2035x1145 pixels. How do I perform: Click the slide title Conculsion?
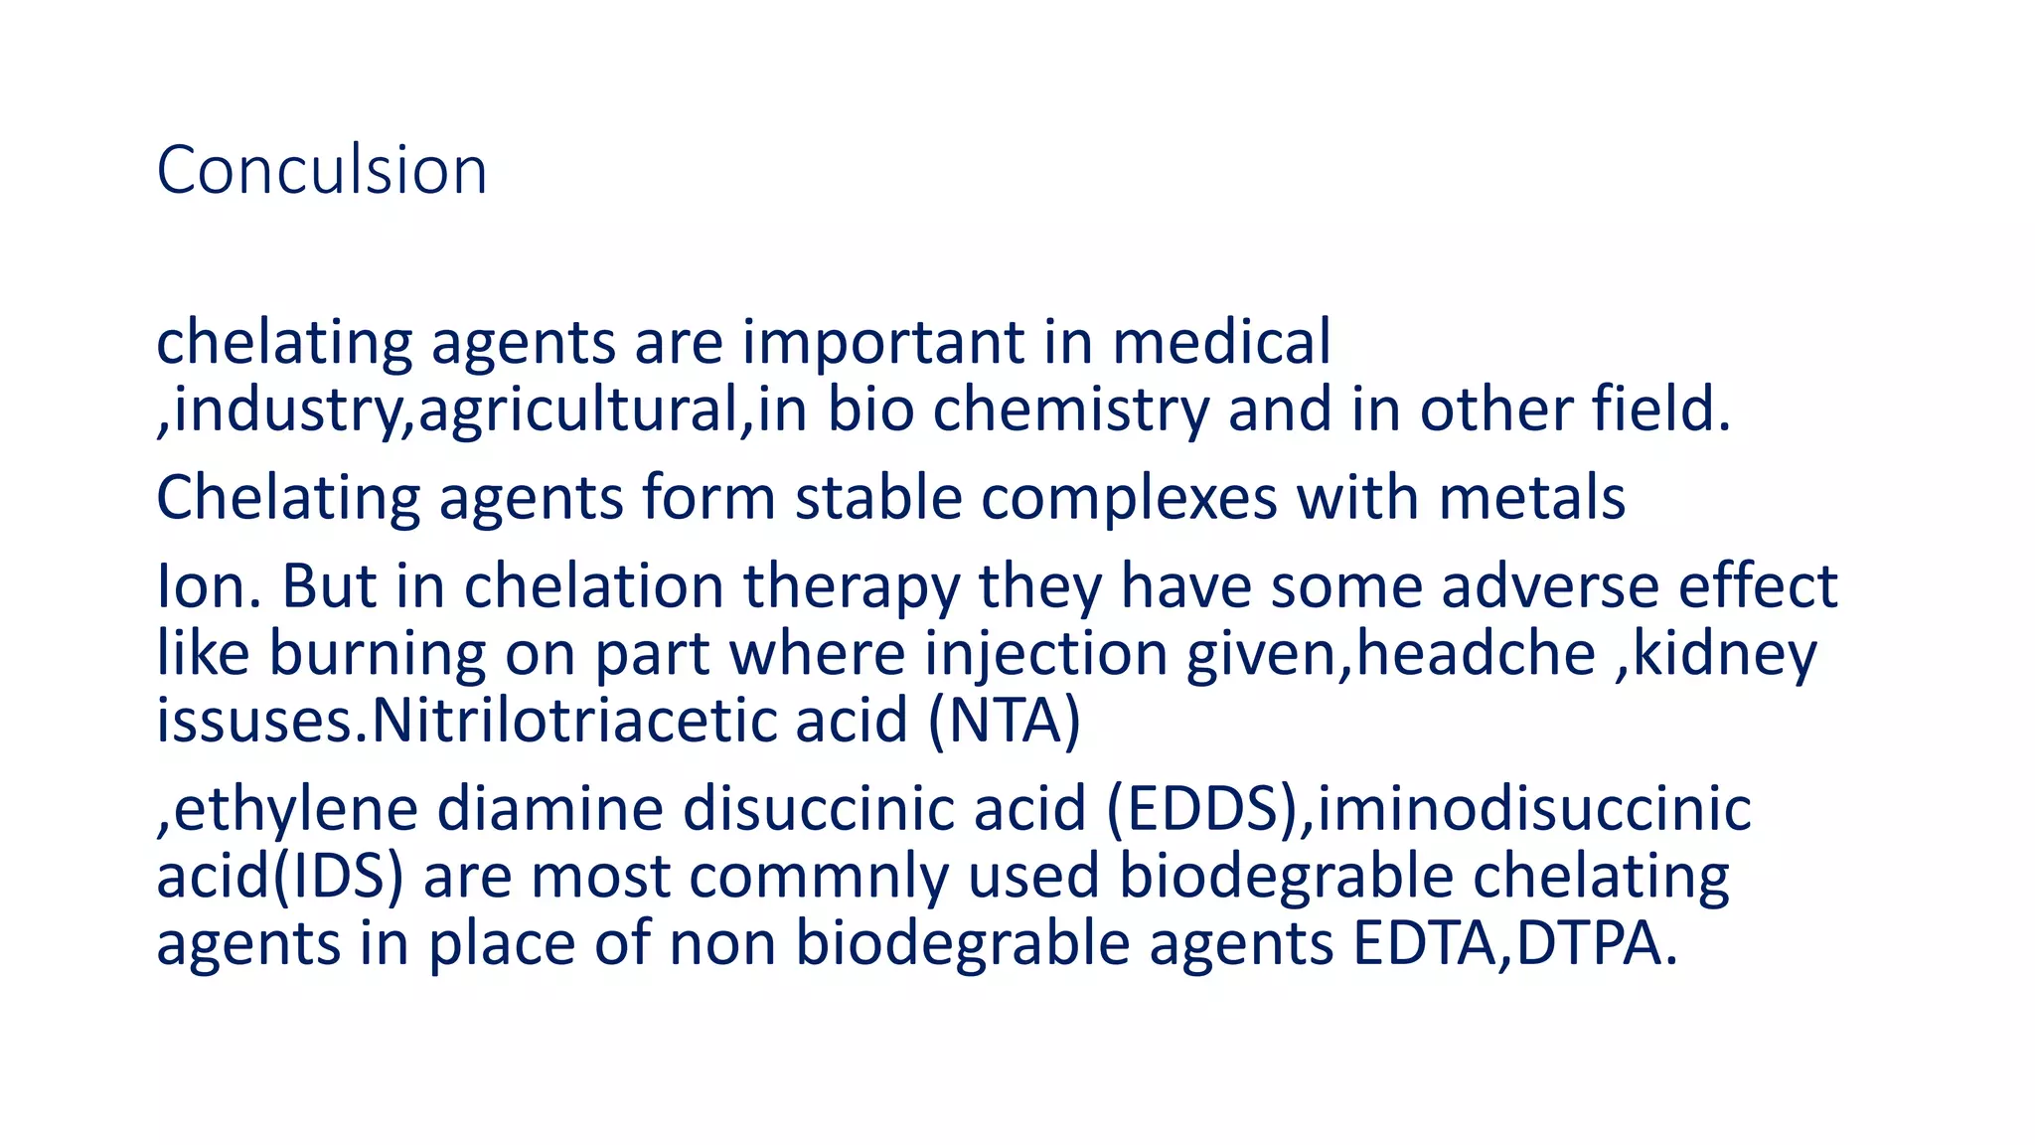tap(321, 170)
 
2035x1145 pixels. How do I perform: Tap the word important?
tap(882, 344)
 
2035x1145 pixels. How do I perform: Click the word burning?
tap(377, 655)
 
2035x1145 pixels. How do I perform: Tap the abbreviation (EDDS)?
tap(1203, 809)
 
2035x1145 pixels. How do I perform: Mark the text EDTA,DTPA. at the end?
tap(1514, 943)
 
